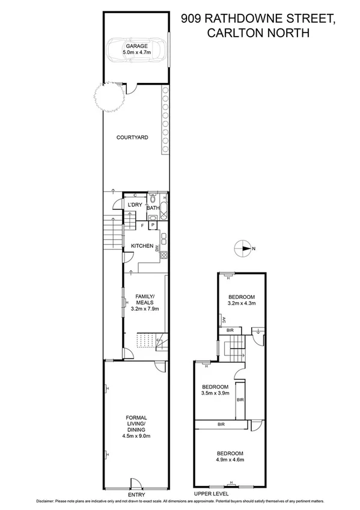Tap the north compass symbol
(244, 248)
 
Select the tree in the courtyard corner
(109, 97)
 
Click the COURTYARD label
(132, 137)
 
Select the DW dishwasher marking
(157, 247)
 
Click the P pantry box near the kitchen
(153, 226)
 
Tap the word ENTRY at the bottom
(136, 495)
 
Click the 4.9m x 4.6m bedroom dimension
(230, 460)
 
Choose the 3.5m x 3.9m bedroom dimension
(215, 393)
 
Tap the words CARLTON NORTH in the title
(259, 34)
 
